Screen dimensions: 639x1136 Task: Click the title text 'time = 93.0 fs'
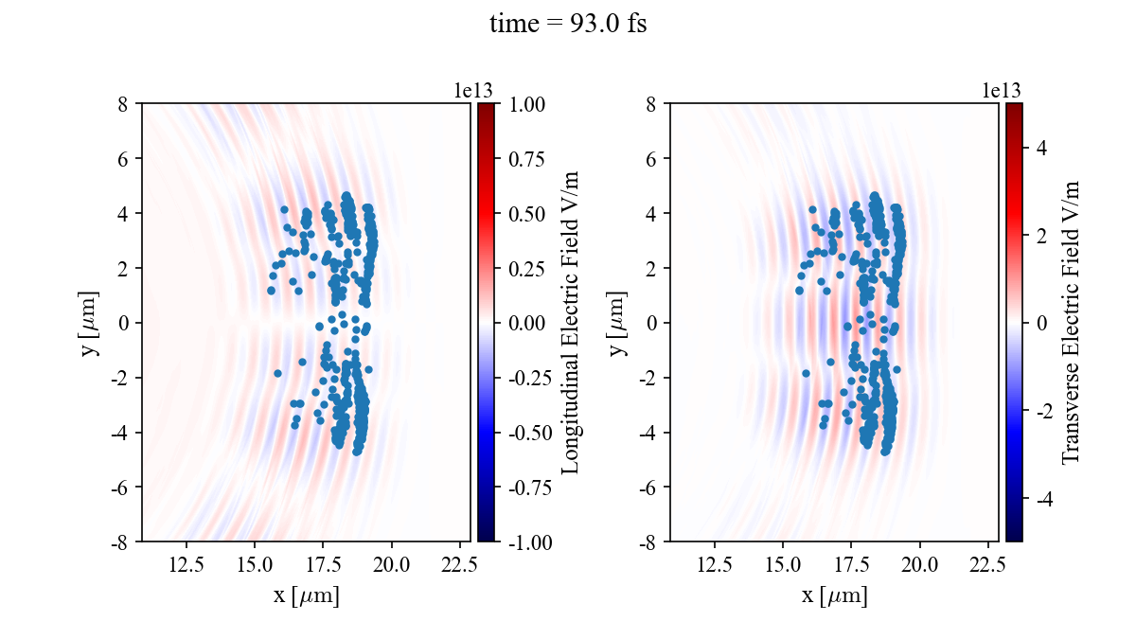tap(568, 25)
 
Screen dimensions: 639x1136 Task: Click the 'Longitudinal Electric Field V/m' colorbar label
tap(570, 322)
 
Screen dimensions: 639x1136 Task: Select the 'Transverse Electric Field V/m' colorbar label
tap(1071, 322)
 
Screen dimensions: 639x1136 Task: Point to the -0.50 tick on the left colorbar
tap(526, 433)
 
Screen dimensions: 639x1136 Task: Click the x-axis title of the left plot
tap(306, 596)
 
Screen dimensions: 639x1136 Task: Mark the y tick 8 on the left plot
tap(122, 103)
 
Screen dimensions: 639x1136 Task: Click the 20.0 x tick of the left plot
tap(391, 565)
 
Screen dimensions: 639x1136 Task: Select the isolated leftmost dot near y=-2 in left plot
tap(277, 373)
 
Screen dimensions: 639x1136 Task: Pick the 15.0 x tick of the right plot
tap(783, 565)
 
